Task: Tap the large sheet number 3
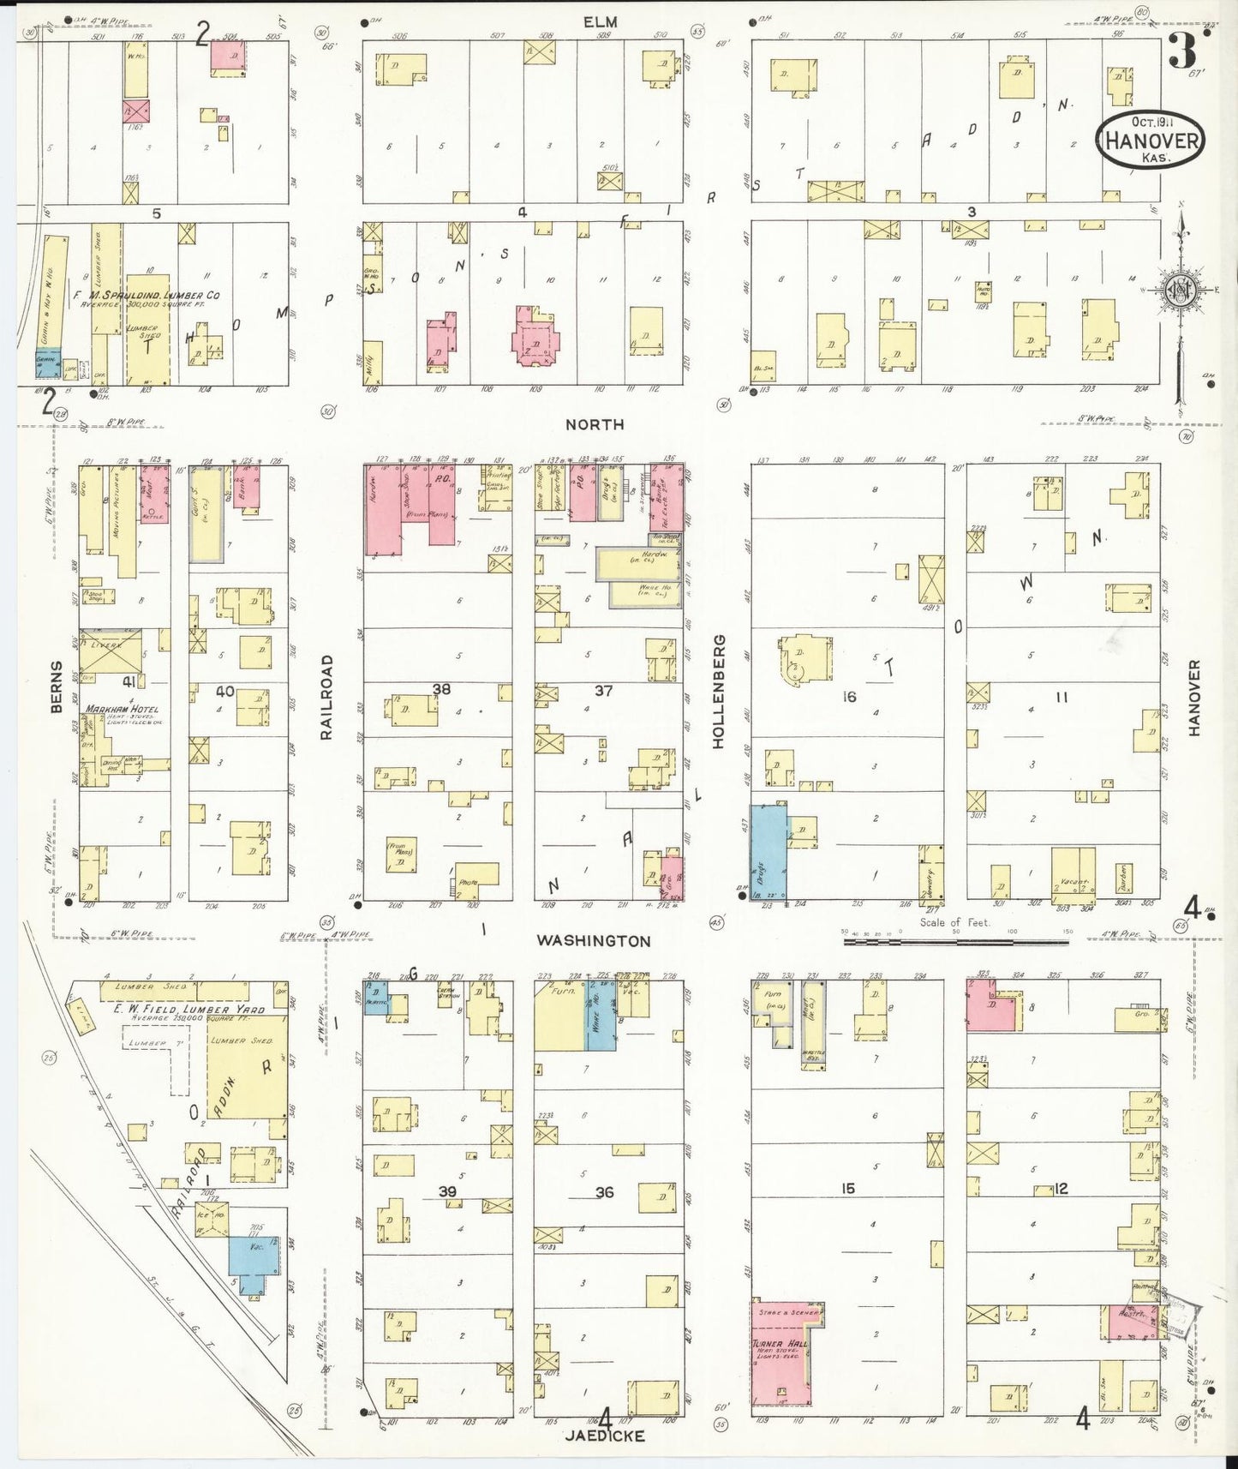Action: tap(1182, 51)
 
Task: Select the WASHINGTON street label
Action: tap(594, 940)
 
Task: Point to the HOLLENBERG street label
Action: tap(718, 691)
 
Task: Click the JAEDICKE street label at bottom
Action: tap(604, 1436)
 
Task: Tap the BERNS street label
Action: tap(57, 686)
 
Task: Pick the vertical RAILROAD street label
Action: tap(326, 697)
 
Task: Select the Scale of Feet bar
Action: tap(955, 941)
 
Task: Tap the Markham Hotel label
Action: tap(121, 710)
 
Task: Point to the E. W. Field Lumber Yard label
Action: tap(188, 1010)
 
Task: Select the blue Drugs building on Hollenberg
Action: tap(769, 852)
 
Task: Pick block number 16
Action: tap(848, 697)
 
